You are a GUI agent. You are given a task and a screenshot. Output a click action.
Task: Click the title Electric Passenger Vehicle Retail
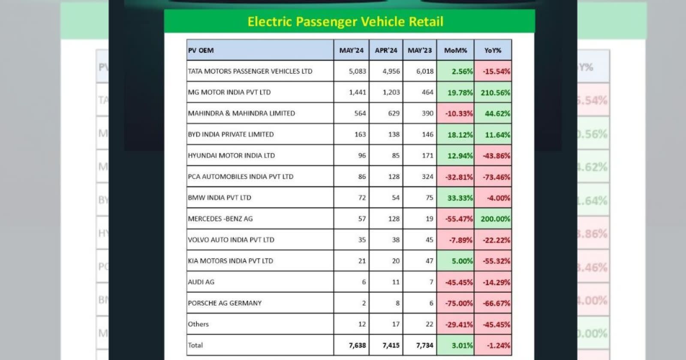click(345, 21)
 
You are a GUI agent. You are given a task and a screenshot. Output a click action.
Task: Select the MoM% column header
click(455, 50)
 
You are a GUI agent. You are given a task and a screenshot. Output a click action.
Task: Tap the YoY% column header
click(493, 50)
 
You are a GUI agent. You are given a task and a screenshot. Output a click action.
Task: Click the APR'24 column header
click(386, 50)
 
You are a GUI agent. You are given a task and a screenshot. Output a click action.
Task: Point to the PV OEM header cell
click(201, 50)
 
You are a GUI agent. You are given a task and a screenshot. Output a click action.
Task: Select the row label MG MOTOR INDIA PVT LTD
click(229, 92)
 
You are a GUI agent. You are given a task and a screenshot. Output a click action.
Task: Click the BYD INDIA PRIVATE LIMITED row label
click(231, 134)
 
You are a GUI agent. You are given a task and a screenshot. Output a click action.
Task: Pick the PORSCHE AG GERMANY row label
click(225, 303)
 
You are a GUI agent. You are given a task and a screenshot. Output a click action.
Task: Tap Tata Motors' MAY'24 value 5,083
click(357, 71)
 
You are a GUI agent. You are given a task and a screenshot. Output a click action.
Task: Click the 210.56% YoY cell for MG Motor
click(495, 93)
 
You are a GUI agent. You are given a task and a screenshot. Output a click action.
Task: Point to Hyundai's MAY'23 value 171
click(427, 156)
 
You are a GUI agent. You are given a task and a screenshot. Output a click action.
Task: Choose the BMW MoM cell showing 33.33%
click(460, 198)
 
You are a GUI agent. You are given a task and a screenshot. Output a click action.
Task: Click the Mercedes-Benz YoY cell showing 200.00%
click(495, 219)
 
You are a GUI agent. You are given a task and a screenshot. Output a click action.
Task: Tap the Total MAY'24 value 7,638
click(357, 345)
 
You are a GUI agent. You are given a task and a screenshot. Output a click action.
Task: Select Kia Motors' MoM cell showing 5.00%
click(462, 261)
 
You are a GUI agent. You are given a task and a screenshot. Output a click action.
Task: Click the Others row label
click(198, 324)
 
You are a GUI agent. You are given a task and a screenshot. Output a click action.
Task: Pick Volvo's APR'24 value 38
click(395, 240)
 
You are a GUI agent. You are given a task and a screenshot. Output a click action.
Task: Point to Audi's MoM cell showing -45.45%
click(459, 282)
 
